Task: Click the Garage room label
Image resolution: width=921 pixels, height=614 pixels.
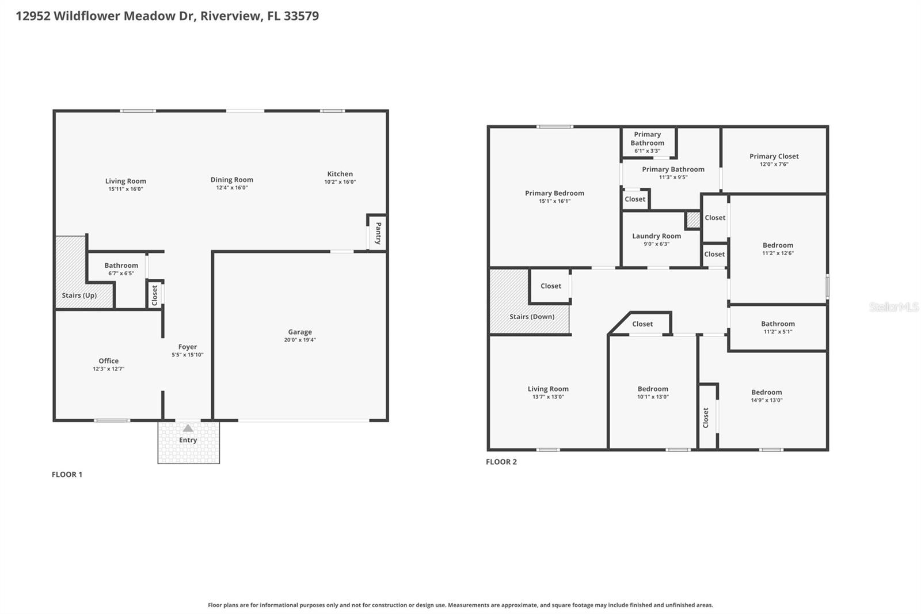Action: (x=300, y=332)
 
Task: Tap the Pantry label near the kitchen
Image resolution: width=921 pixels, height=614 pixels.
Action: (x=378, y=233)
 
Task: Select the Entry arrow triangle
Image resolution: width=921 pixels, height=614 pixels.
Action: (x=188, y=429)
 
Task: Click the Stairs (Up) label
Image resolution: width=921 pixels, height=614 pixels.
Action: (x=79, y=295)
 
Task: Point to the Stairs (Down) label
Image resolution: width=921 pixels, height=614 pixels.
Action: (x=532, y=317)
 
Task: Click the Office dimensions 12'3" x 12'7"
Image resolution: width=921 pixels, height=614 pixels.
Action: (x=109, y=369)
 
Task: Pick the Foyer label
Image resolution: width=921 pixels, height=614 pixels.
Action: (x=188, y=347)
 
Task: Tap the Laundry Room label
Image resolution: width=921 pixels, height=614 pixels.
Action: (x=656, y=236)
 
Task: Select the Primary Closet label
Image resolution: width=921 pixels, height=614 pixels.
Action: (x=774, y=156)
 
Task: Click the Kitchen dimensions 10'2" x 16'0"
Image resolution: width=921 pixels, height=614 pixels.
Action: (x=340, y=182)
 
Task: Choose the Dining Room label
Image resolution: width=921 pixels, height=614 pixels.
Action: (x=232, y=180)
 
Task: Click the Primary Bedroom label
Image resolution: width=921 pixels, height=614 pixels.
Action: (x=554, y=194)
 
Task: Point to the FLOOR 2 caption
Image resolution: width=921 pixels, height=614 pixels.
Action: (x=501, y=462)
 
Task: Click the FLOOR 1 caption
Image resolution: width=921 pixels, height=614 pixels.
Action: (x=67, y=475)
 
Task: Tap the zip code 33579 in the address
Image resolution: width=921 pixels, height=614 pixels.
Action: (x=301, y=16)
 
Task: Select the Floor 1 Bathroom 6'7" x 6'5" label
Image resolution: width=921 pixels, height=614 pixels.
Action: (x=121, y=266)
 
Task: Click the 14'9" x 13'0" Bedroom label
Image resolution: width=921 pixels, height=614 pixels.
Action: (x=766, y=392)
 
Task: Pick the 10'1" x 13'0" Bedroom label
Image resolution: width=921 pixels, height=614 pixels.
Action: (x=653, y=389)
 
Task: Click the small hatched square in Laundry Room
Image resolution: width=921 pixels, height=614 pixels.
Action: (x=693, y=220)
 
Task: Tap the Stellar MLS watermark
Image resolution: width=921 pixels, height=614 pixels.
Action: (x=893, y=308)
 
